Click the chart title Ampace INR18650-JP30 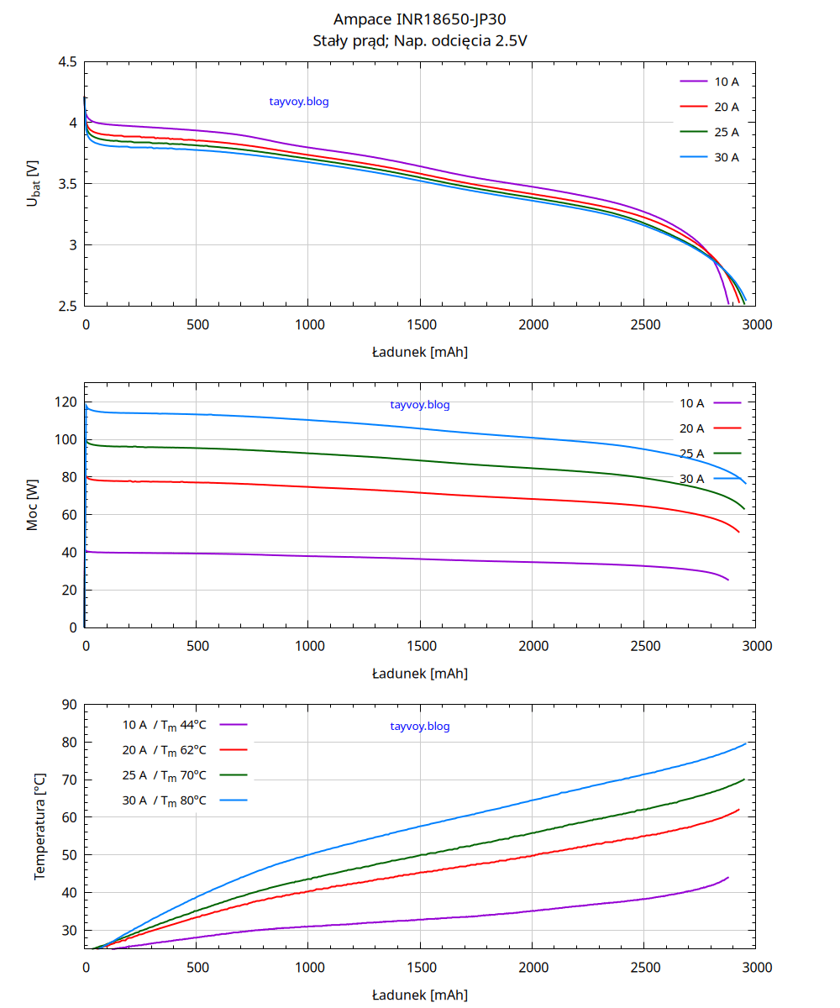coord(420,19)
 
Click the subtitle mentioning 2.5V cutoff coord(420,40)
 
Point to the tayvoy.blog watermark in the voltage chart coord(299,102)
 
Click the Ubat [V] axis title coord(33,183)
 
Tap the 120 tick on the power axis coord(67,402)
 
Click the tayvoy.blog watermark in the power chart coord(420,405)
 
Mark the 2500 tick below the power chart coord(644,646)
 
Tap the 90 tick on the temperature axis coord(70,705)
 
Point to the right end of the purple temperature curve coord(728,877)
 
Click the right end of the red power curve coord(739,532)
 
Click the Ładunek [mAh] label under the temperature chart coord(420,995)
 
